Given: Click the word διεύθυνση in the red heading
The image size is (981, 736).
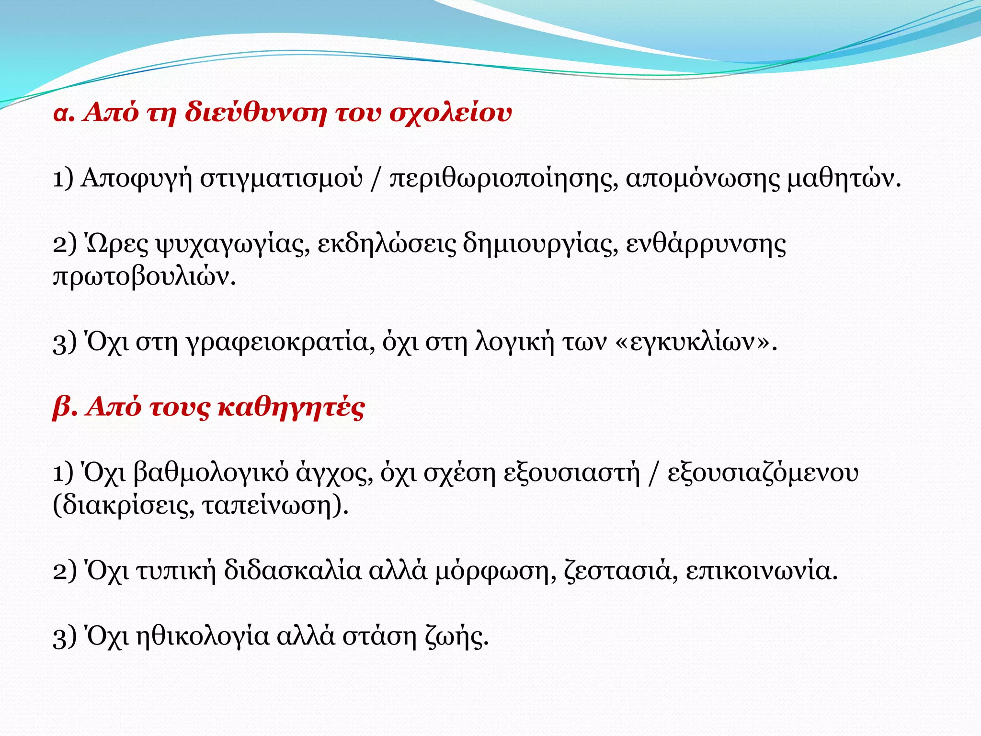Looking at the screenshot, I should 256,113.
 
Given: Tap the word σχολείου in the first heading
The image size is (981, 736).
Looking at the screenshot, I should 450,114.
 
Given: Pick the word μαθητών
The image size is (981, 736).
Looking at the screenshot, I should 844,178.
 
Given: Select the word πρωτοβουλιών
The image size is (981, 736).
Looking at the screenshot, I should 144,277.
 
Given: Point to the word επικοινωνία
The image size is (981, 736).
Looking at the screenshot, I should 762,571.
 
